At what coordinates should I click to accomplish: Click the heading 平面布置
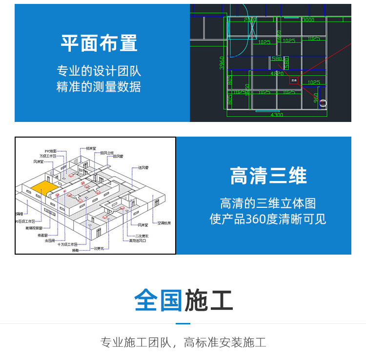(x=99, y=43)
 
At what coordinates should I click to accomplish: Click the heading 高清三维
(x=268, y=176)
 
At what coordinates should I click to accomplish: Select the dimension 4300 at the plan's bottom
(x=276, y=115)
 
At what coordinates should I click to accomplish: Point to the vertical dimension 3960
(x=222, y=62)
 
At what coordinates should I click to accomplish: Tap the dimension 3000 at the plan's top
(x=308, y=20)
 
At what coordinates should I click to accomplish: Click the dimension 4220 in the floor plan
(x=277, y=74)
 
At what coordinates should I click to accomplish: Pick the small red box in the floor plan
(x=294, y=80)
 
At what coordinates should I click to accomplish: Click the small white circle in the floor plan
(x=323, y=103)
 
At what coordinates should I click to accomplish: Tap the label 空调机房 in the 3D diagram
(x=164, y=223)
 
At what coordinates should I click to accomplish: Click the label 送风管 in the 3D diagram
(x=143, y=167)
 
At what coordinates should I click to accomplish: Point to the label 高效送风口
(x=138, y=240)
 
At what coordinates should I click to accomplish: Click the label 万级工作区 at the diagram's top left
(x=48, y=156)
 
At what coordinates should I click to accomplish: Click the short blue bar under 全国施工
(x=183, y=323)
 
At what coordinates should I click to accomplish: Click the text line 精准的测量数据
(x=99, y=87)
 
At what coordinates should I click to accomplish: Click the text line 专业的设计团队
(x=99, y=71)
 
